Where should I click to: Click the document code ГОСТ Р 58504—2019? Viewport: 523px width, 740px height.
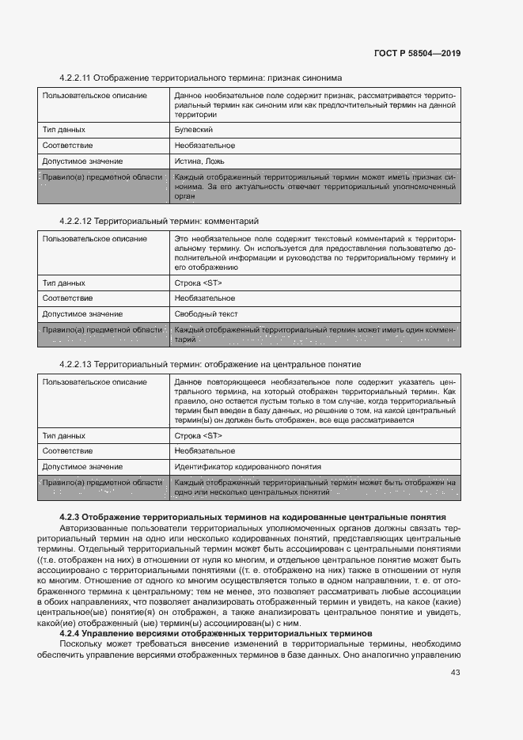417,54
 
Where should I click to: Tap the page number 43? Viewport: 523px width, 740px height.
456,673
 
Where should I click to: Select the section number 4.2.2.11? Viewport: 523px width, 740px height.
77,78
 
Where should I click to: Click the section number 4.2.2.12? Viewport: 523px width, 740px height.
77,221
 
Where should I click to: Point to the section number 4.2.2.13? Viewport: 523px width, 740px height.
77,364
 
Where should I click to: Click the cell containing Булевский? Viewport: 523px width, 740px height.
193,129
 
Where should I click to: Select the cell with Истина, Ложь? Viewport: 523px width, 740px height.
199,161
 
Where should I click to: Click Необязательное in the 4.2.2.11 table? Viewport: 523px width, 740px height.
204,146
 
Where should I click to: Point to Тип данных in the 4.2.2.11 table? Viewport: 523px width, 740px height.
64,129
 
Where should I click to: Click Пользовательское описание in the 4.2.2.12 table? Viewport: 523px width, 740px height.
94,238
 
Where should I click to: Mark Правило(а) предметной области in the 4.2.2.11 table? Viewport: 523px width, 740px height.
102,177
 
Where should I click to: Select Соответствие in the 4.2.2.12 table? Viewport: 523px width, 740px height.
67,298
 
